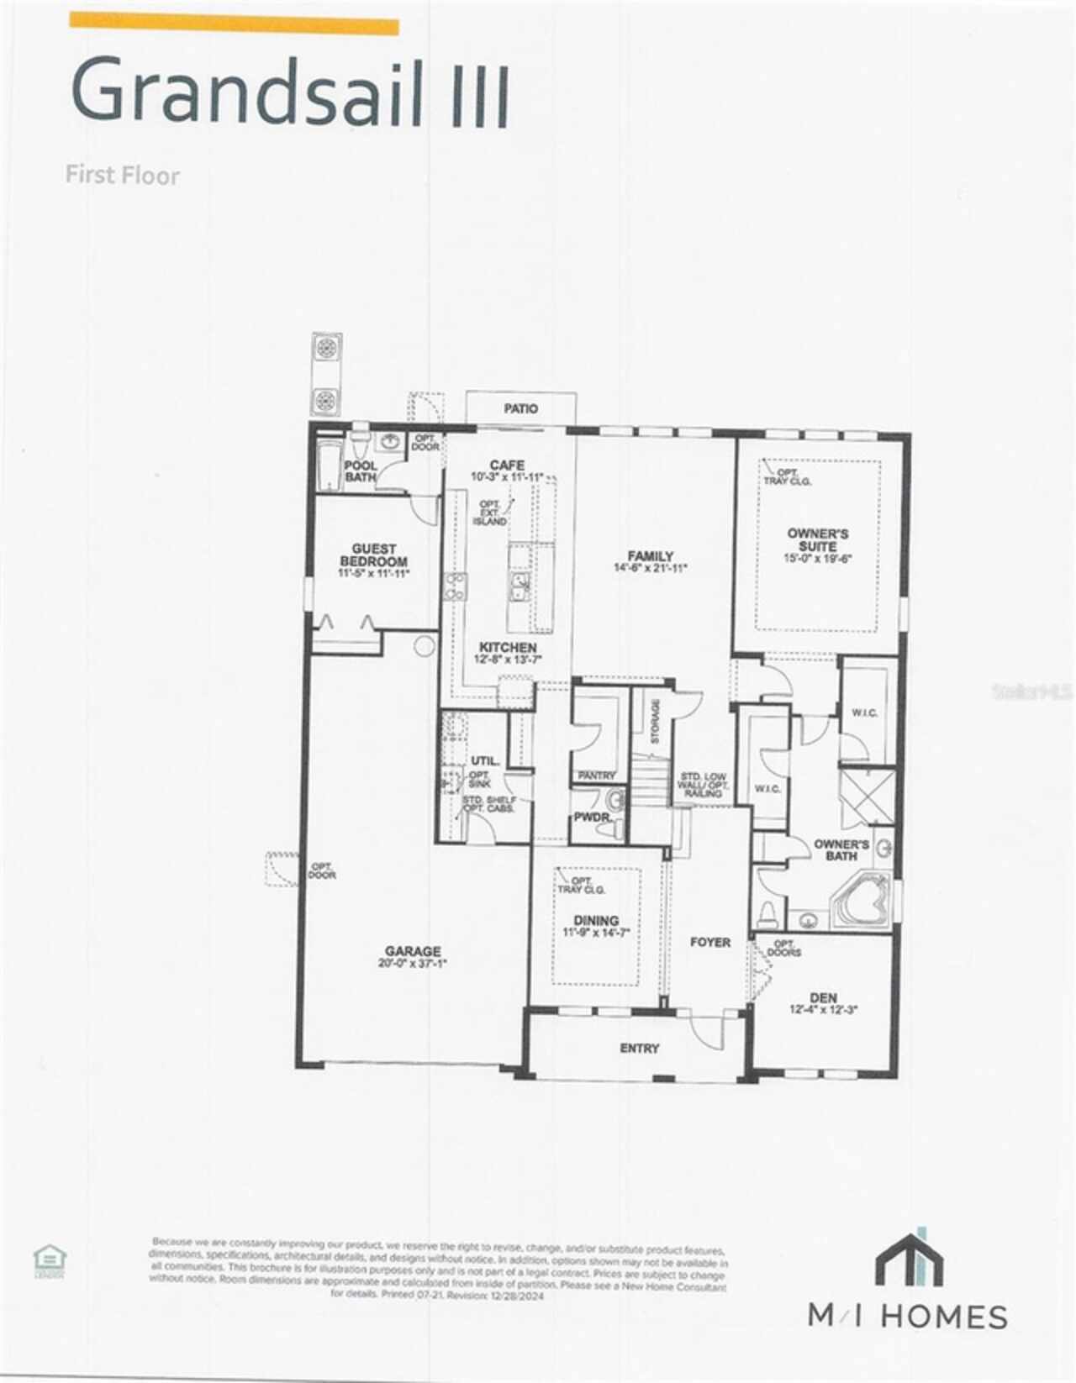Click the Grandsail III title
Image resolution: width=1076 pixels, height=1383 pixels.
[290, 91]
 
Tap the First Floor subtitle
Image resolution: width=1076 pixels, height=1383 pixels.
[123, 175]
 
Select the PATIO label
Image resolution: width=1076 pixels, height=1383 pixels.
[521, 408]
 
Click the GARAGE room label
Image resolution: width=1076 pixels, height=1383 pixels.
[412, 952]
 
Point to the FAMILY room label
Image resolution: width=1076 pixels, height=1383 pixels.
[651, 556]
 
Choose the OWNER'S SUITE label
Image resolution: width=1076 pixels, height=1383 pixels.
[818, 539]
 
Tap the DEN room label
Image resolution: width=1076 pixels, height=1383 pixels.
[823, 998]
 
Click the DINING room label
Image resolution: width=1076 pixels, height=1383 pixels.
[596, 921]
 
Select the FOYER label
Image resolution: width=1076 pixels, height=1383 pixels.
[710, 942]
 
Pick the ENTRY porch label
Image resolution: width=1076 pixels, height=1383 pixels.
[640, 1048]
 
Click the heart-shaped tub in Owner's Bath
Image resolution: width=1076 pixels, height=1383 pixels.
[862, 902]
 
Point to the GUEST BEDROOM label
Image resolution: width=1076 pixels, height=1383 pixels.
[373, 555]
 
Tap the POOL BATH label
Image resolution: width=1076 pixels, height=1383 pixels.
[361, 471]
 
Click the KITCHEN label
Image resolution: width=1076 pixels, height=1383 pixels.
[508, 648]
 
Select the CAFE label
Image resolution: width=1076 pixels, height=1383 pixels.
[507, 465]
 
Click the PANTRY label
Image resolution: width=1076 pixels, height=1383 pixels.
[597, 776]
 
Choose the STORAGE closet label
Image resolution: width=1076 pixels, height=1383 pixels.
[656, 721]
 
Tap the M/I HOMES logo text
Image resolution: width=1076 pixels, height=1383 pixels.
[908, 1315]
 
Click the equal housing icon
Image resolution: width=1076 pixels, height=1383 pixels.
[50, 1261]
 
